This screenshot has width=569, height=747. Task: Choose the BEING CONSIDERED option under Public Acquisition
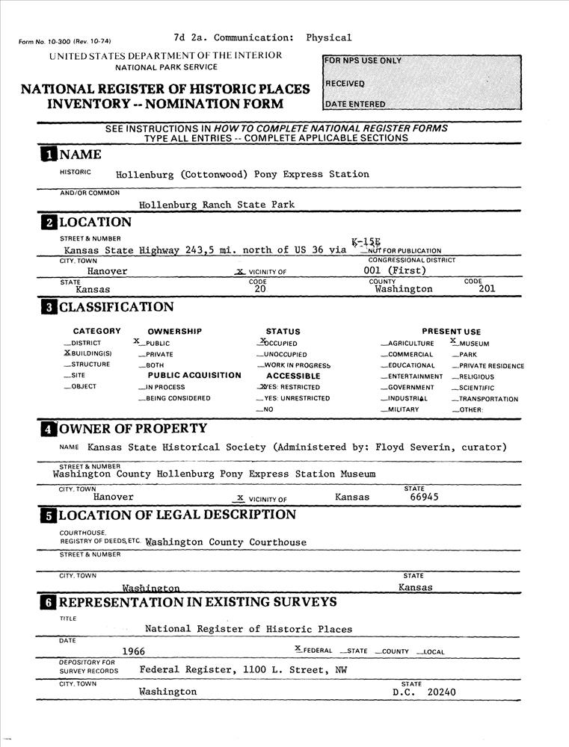tap(173, 399)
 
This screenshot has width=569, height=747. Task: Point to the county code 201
tap(487, 288)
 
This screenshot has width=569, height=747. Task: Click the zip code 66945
tap(424, 497)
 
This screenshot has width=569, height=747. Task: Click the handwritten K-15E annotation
tap(366, 242)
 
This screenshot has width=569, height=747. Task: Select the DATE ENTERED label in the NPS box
tap(355, 104)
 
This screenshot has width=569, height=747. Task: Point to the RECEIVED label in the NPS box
tap(345, 83)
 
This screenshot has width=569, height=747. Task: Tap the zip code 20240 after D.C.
tap(441, 692)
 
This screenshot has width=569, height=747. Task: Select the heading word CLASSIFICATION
tap(116, 307)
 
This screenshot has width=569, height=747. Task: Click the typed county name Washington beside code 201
tap(403, 288)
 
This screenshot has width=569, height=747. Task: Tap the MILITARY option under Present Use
tap(403, 409)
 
